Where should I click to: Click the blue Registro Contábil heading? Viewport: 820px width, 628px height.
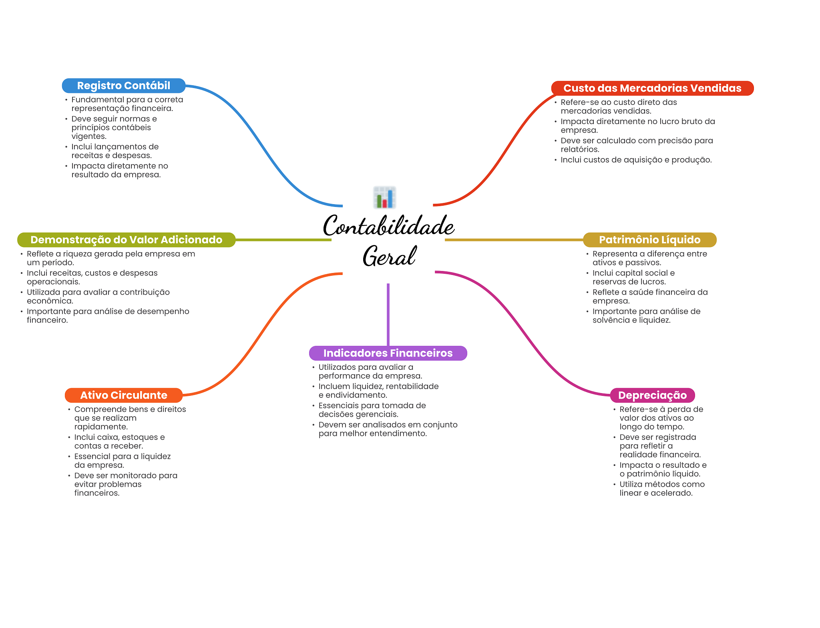click(123, 86)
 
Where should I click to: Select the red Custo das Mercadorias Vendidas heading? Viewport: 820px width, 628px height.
click(652, 88)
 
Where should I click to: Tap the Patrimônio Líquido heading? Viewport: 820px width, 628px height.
click(649, 240)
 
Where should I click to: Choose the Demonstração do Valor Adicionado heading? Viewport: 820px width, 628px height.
click(126, 240)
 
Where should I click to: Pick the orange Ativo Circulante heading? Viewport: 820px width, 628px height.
click(123, 395)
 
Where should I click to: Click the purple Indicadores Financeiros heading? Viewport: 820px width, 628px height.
click(388, 353)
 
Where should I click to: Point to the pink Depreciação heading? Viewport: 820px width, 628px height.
click(652, 395)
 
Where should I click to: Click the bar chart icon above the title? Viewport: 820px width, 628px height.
click(384, 197)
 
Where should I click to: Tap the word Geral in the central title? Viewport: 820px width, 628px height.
click(389, 256)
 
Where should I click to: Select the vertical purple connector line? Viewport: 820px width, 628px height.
click(388, 314)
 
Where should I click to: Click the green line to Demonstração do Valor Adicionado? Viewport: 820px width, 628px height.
click(283, 240)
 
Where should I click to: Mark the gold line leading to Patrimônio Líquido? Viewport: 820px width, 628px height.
click(514, 240)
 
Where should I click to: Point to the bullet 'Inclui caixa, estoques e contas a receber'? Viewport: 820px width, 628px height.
click(119, 441)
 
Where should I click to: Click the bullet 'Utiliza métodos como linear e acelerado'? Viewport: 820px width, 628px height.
click(662, 488)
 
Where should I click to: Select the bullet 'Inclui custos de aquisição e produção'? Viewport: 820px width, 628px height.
click(636, 160)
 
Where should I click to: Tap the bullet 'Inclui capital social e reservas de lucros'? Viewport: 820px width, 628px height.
click(633, 277)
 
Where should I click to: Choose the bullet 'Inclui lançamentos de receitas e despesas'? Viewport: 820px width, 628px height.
click(115, 151)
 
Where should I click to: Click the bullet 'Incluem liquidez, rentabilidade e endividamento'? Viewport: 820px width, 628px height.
click(378, 391)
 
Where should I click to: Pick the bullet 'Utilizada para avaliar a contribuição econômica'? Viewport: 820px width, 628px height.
click(98, 296)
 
